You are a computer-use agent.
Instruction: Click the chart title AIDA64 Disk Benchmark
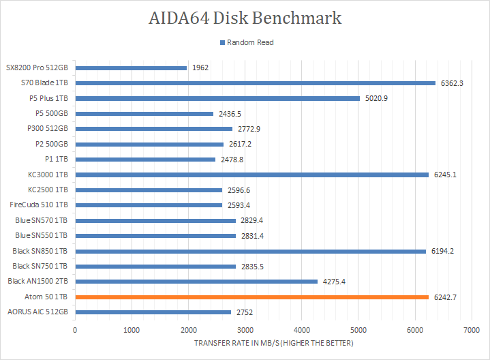(245, 18)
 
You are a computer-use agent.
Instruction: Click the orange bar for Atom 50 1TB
(252, 297)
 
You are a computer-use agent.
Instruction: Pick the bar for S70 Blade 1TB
(255, 83)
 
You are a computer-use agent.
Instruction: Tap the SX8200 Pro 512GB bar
(131, 67)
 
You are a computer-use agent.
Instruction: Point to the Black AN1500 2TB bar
(196, 281)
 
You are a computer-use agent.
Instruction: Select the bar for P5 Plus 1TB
(217, 98)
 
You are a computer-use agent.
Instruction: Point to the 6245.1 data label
(445, 175)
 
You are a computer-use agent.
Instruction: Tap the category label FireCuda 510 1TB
(39, 205)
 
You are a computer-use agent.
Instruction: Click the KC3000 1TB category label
(47, 175)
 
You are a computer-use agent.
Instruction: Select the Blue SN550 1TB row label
(41, 235)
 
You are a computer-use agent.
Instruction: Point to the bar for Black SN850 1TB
(250, 251)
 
